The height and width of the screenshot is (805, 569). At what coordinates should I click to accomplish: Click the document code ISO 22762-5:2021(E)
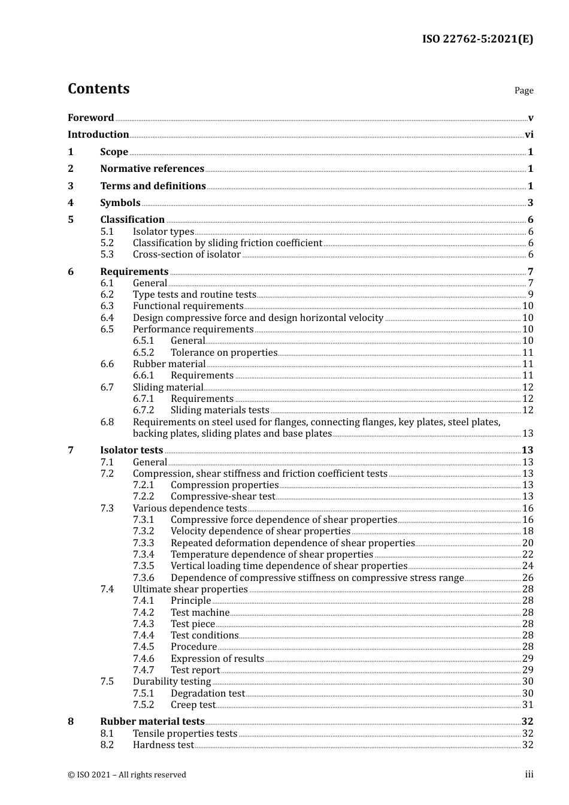click(477, 39)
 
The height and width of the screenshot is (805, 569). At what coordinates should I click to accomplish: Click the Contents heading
click(98, 89)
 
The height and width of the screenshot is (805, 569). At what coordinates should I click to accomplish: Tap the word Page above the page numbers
click(523, 90)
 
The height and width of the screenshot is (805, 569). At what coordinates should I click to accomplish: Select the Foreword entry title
click(90, 118)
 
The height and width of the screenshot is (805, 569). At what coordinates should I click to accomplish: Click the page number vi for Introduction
click(529, 135)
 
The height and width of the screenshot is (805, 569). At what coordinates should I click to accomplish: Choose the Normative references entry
click(152, 169)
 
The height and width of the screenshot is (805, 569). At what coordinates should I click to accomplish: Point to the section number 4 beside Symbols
click(71, 203)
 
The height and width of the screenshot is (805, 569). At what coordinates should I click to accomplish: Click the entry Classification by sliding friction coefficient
click(227, 243)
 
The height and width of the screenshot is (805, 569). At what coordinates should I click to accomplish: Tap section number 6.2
click(107, 295)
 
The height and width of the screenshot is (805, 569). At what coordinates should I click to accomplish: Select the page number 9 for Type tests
click(531, 295)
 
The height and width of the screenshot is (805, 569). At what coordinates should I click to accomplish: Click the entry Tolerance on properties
click(223, 353)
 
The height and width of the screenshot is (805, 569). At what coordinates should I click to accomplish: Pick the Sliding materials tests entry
click(220, 410)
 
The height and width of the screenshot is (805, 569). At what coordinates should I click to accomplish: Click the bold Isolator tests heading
click(131, 450)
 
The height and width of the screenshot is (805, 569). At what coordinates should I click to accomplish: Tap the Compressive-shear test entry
click(223, 497)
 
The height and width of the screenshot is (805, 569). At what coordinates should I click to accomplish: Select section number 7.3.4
click(143, 555)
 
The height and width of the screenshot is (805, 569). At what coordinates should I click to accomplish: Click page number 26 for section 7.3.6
click(528, 578)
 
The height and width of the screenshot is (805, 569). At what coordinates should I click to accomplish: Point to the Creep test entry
click(193, 705)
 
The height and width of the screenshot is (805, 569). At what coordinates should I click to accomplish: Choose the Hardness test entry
click(163, 745)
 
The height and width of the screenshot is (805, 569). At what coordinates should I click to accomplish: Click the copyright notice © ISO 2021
click(127, 775)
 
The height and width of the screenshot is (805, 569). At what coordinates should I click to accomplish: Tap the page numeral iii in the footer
click(529, 774)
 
